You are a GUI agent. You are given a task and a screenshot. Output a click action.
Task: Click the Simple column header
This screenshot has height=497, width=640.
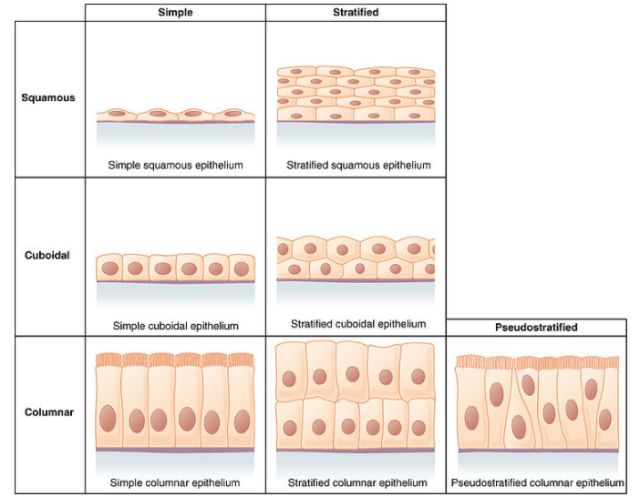[175, 13]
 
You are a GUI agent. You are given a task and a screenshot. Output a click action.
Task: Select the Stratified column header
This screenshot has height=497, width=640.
[356, 13]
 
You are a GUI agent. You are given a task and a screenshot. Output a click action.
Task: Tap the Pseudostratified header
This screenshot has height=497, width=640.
[536, 327]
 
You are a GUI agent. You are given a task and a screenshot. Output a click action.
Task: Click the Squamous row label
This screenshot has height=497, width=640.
[48, 97]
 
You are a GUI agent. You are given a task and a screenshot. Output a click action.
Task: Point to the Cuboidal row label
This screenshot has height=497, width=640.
[48, 255]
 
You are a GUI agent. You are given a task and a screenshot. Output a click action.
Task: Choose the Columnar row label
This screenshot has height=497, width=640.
[48, 412]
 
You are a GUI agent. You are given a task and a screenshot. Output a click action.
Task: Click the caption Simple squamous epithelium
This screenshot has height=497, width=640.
[175, 166]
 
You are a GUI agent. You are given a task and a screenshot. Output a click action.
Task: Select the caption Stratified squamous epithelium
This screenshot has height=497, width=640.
[358, 166]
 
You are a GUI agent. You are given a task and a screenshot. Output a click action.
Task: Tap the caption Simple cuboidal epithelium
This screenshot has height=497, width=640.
[176, 325]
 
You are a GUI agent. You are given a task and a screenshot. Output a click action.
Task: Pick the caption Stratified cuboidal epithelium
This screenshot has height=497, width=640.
[358, 323]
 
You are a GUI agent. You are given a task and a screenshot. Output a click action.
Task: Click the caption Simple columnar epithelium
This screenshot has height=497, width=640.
[175, 482]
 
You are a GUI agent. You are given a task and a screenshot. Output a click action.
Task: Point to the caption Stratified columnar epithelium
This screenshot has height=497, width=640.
[357, 482]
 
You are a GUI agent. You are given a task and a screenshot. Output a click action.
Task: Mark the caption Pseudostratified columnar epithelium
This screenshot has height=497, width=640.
[538, 482]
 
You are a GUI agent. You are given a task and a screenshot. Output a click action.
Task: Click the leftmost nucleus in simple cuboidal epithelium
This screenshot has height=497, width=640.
[110, 269]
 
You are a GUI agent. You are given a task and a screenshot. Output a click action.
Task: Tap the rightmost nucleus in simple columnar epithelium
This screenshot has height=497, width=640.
[242, 421]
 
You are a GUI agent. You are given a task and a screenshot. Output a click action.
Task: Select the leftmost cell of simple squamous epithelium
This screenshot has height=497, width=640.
[117, 115]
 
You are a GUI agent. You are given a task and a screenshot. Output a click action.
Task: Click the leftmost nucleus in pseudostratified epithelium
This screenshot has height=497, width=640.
[472, 418]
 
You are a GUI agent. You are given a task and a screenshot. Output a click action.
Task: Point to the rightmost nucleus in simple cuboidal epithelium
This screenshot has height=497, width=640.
[242, 269]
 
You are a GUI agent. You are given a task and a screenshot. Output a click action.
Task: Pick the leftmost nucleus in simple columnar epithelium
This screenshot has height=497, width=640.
[109, 421]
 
